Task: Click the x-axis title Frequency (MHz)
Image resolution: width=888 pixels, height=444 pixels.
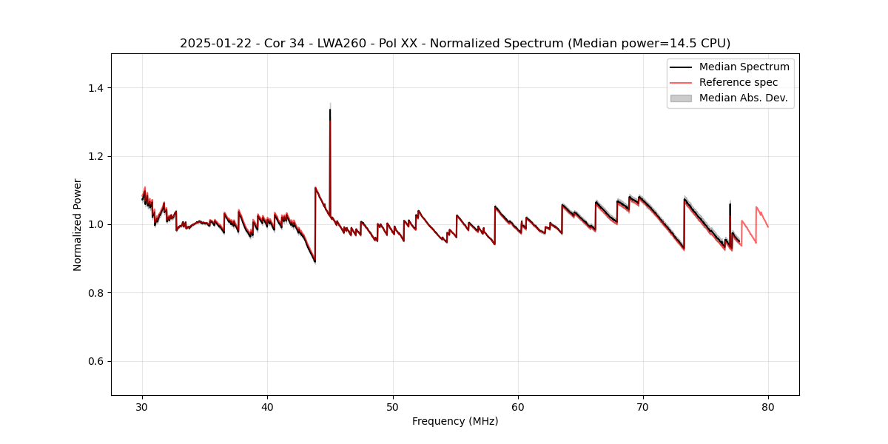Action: pyautogui.click(x=455, y=421)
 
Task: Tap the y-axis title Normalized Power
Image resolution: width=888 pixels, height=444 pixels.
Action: pyautogui.click(x=77, y=224)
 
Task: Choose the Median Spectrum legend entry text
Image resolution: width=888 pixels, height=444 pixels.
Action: pyautogui.click(x=744, y=67)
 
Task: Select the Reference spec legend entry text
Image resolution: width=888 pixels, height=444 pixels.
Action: pyautogui.click(x=739, y=82)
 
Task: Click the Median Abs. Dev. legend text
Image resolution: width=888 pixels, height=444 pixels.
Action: pyautogui.click(x=744, y=98)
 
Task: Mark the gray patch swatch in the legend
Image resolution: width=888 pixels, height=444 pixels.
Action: pyautogui.click(x=681, y=98)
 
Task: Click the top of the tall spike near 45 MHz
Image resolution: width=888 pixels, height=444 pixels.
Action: pyautogui.click(x=330, y=110)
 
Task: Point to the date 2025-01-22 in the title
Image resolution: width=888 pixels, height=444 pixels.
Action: pyautogui.click(x=209, y=44)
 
